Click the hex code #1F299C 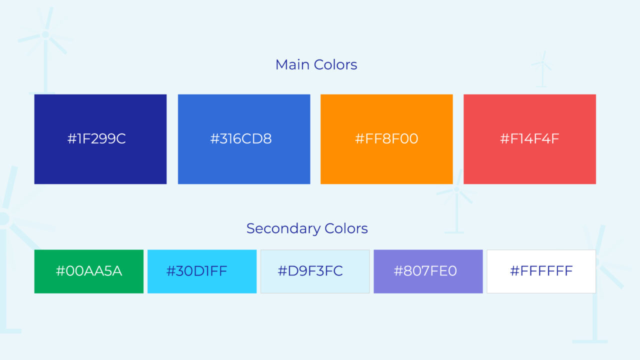[96, 139]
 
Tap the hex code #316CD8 [241, 139]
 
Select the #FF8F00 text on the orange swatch [386, 139]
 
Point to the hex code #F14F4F [529, 139]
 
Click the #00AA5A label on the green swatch [89, 271]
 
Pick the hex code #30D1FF [196, 271]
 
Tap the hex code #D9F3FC [310, 271]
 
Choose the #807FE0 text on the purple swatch [425, 271]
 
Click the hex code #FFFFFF [541, 271]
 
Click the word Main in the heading [292, 64]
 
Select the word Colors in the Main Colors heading [335, 64]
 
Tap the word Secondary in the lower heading [283, 229]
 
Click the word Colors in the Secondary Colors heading [346, 228]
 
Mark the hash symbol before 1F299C [72, 139]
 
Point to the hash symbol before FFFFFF [514, 271]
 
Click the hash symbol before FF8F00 [359, 139]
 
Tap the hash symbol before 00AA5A [60, 271]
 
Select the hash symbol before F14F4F [505, 139]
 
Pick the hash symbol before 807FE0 [398, 271]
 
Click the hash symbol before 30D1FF [171, 271]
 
